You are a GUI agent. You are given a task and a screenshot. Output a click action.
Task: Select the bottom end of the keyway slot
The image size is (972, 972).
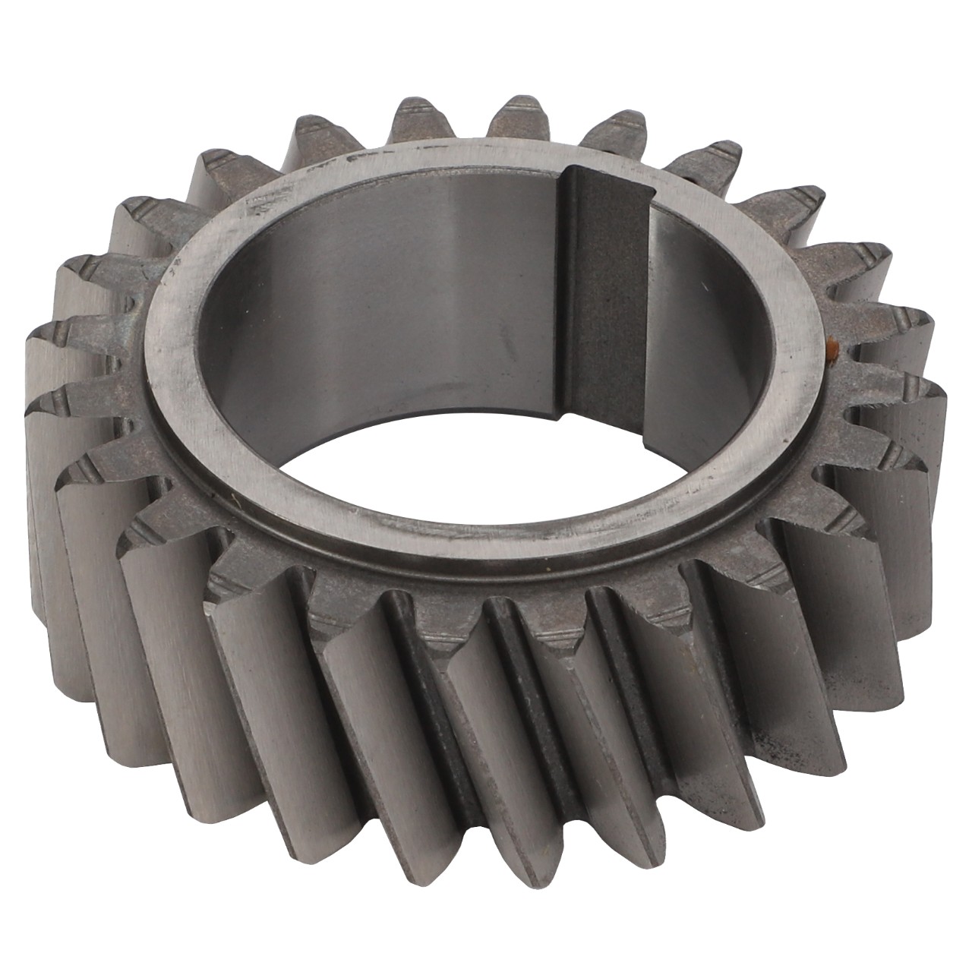pyautogui.click(x=600, y=414)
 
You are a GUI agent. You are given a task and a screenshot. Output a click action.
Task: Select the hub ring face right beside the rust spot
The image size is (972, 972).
pyautogui.click(x=809, y=349)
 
